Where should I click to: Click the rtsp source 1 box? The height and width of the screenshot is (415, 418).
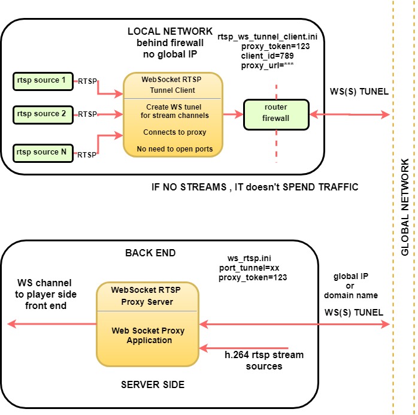coord(43,81)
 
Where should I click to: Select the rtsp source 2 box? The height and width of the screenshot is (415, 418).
coord(43,114)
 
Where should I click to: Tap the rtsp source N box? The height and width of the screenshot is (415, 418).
coord(43,153)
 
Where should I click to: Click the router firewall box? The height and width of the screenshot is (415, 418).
coord(276,114)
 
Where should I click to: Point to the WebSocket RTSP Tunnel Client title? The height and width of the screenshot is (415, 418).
coord(172,85)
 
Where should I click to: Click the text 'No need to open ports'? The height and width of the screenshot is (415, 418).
coord(175,149)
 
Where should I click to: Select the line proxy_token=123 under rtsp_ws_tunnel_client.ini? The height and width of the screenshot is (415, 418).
coord(275,46)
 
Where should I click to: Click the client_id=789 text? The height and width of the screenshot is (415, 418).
coord(267,56)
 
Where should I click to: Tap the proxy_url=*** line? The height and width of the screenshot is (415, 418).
coord(267,65)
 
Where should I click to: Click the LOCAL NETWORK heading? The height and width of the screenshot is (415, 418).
coord(170,32)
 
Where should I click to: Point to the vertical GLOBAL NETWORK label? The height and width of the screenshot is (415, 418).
coord(405,207)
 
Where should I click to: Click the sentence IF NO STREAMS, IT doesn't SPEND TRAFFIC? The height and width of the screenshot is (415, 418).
coord(255,187)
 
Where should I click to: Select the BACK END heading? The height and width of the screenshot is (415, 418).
coord(150,253)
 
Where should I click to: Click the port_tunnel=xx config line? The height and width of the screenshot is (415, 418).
coord(249,268)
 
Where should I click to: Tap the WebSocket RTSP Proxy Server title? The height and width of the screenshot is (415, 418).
coord(146,296)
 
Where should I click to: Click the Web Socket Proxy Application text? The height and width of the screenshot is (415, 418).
coord(149,335)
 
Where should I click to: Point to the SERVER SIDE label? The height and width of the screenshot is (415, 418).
coord(153,384)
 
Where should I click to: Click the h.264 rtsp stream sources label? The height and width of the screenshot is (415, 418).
coord(264,361)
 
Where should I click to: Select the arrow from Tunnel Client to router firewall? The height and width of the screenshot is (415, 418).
coord(233,114)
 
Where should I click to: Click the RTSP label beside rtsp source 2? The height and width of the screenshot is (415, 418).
coord(87,114)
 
